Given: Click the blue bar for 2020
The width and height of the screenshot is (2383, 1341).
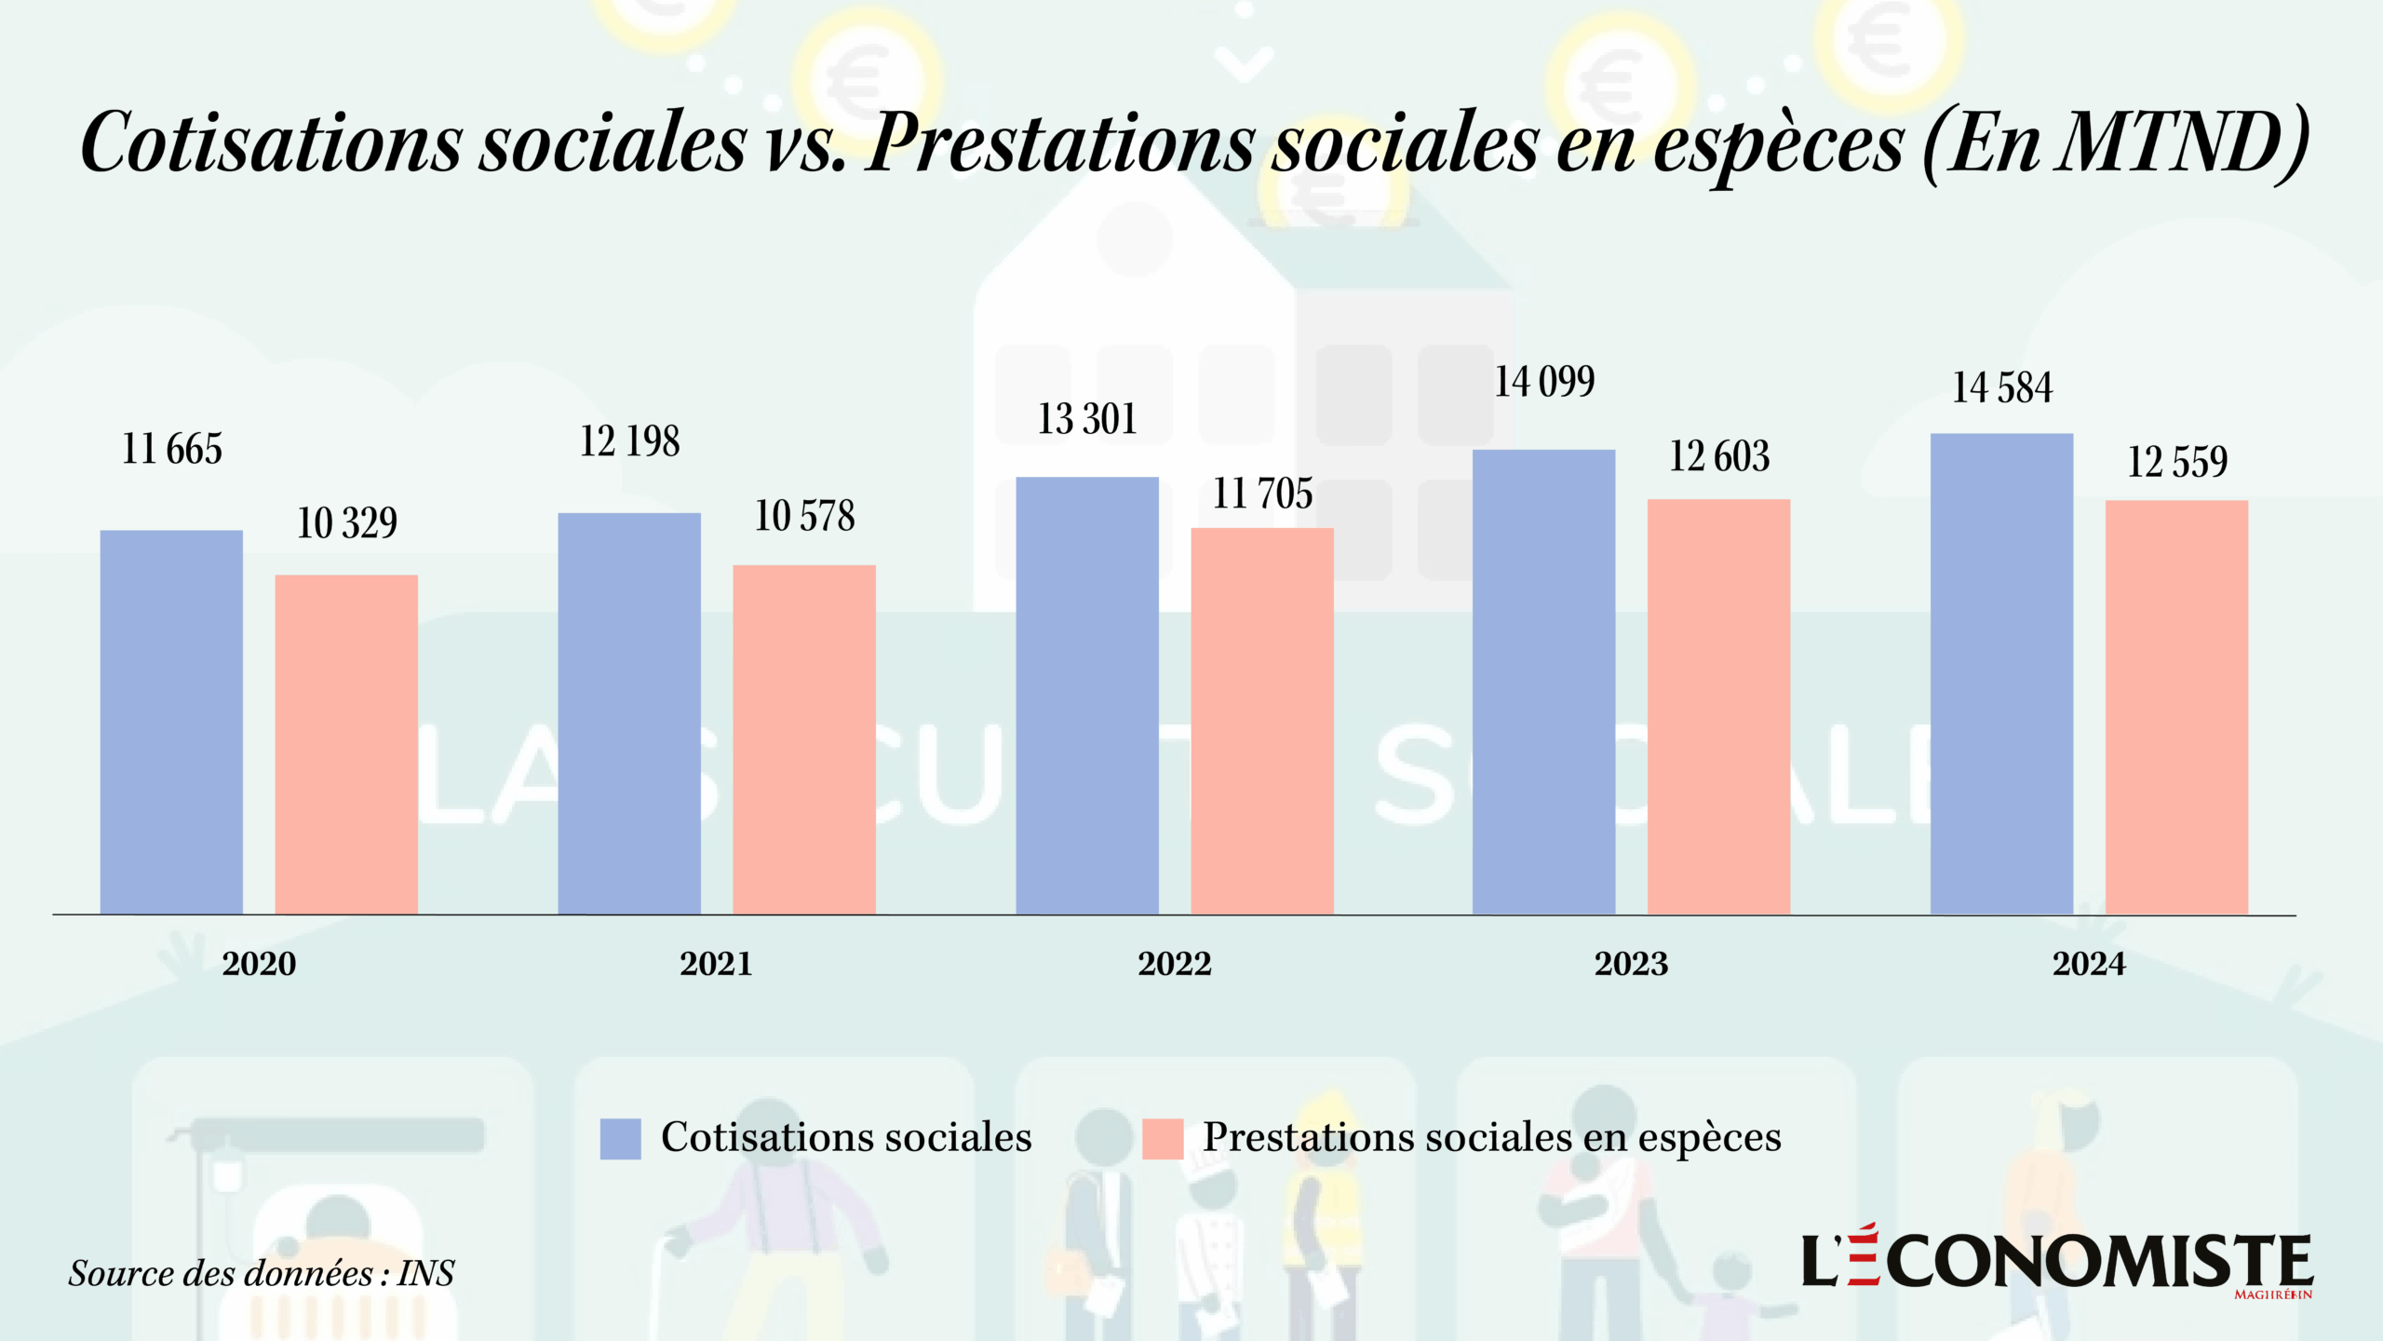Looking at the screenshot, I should (171, 722).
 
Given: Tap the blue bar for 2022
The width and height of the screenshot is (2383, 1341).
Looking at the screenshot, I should (1087, 695).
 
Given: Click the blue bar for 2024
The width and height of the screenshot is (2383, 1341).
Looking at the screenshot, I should (2001, 673).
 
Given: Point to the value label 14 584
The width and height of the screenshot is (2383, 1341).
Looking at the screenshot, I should (2001, 387).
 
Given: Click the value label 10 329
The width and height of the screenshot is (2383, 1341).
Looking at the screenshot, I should (347, 522).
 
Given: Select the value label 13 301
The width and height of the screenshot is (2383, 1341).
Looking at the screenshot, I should (1087, 419).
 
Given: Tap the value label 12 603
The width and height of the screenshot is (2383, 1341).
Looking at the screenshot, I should (1719, 456).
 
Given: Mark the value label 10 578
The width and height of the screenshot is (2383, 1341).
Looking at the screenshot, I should (804, 516).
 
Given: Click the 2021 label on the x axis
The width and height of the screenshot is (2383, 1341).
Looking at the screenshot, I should (716, 963).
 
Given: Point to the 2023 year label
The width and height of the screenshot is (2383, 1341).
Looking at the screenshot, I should (1631, 963).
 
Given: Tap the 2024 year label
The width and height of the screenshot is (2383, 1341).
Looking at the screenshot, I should (2089, 963).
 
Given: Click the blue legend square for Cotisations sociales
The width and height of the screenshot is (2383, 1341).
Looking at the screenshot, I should (621, 1138).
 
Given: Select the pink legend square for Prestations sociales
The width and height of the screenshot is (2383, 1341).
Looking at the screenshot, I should (1163, 1138).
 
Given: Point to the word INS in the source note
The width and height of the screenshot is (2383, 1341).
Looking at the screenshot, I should (425, 1273).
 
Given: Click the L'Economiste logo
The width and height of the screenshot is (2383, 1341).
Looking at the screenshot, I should (2057, 1261).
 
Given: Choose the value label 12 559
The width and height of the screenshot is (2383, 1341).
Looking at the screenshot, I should (2177, 462).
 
